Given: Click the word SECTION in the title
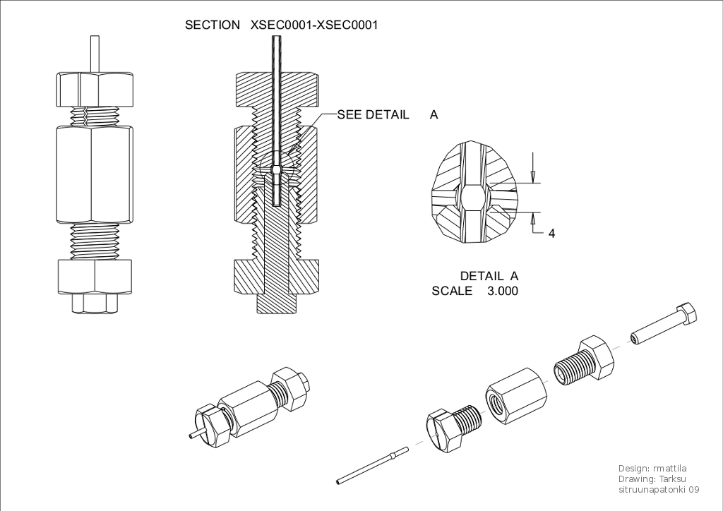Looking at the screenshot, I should pos(212,25).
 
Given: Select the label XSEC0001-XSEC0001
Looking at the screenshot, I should pos(314,25).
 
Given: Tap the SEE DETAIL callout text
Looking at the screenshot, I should pos(373,114).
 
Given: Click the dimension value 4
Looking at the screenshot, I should pos(551,234).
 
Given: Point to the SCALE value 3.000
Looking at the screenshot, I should pos(502,291).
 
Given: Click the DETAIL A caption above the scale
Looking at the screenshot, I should pos(489,276).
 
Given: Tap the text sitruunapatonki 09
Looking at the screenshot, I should pos(659,489).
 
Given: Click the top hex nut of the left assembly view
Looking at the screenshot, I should pos(95,89).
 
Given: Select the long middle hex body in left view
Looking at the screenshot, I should pos(94,174).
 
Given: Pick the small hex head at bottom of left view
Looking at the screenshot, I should pos(95,303).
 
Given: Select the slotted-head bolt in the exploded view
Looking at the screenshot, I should pos(453,428).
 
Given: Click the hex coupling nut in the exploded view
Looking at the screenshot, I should pos(515,397).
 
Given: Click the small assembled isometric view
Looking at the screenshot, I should pos(251,407).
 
